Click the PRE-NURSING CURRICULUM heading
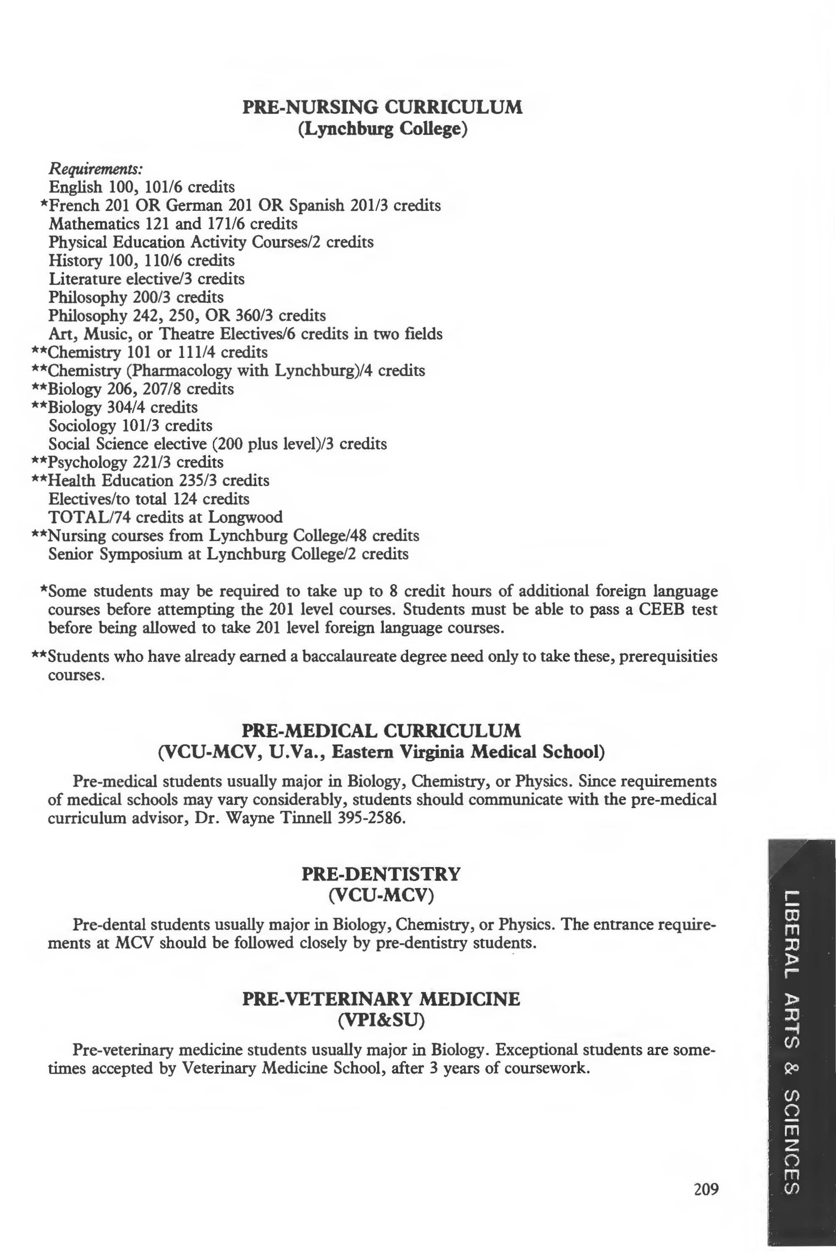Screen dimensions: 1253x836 [382, 107]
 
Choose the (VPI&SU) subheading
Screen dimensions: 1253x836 [381, 1020]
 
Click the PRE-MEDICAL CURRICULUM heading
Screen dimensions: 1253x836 [381, 730]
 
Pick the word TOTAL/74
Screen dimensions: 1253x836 [90, 517]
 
